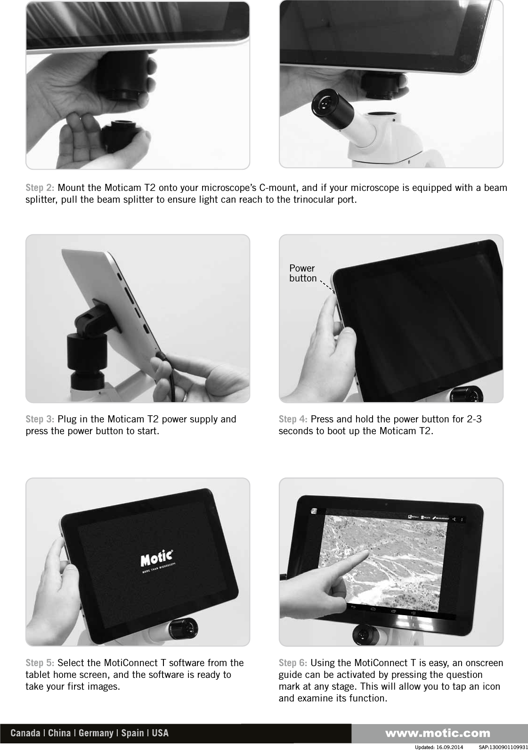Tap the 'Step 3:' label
(x=40, y=420)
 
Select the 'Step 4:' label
(x=293, y=420)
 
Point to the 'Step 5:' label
(x=40, y=663)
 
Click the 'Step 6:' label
(x=293, y=663)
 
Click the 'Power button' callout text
(x=302, y=273)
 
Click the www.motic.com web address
(x=438, y=734)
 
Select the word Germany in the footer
(x=96, y=734)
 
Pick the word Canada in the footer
(x=25, y=734)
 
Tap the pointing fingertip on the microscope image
(x=366, y=552)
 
